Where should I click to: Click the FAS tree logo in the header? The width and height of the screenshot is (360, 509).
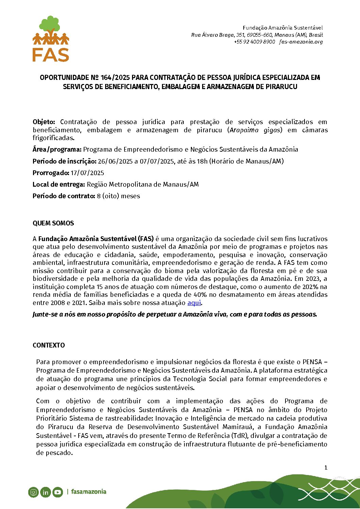(x=51, y=38)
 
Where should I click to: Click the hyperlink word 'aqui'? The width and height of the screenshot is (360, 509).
(x=194, y=303)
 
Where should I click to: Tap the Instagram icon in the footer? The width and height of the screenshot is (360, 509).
(x=33, y=492)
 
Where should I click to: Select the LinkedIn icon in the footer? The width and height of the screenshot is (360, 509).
(x=45, y=492)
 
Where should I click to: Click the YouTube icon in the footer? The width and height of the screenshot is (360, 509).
(x=58, y=492)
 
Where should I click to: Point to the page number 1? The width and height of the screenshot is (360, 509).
(x=326, y=468)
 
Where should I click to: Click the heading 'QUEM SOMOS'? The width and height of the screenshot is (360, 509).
(x=53, y=223)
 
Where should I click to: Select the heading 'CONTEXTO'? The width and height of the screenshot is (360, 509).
(x=49, y=345)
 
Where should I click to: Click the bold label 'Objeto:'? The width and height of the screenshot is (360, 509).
(x=44, y=122)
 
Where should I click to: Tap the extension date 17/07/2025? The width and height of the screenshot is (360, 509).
(x=87, y=173)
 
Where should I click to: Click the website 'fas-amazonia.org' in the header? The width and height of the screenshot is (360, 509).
(x=301, y=42)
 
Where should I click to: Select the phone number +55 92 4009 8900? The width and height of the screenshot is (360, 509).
(x=254, y=42)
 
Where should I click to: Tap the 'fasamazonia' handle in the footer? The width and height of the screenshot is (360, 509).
(x=89, y=492)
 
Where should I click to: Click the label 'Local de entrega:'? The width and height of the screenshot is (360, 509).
(x=59, y=184)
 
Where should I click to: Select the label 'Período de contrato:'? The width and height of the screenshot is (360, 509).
(x=64, y=196)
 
